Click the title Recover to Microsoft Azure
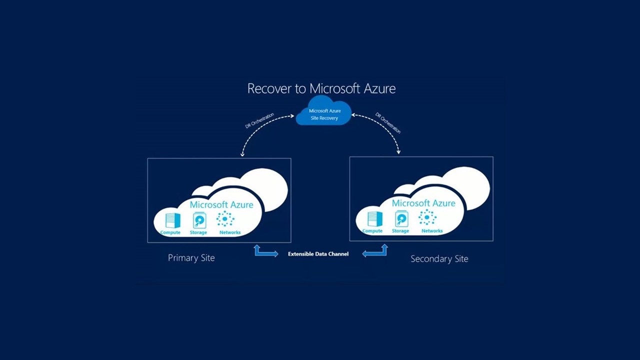pos(321,88)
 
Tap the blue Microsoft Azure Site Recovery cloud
pos(323,111)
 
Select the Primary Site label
pos(191,258)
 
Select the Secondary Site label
pos(439,259)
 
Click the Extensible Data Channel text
pos(318,253)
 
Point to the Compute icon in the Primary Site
pos(173,220)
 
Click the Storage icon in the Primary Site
pos(199,220)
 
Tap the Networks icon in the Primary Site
pos(225,219)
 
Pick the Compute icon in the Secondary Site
pos(375,219)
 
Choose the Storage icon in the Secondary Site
pos(401,219)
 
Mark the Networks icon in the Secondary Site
pos(427,217)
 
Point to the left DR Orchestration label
pos(259,120)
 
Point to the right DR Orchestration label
pos(388,123)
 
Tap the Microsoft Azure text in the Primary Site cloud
pos(221,204)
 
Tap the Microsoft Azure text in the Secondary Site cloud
pos(423,203)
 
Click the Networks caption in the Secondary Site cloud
pos(432,231)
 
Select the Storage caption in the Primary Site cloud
pos(198,232)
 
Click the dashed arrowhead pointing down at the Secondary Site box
pos(398,151)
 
